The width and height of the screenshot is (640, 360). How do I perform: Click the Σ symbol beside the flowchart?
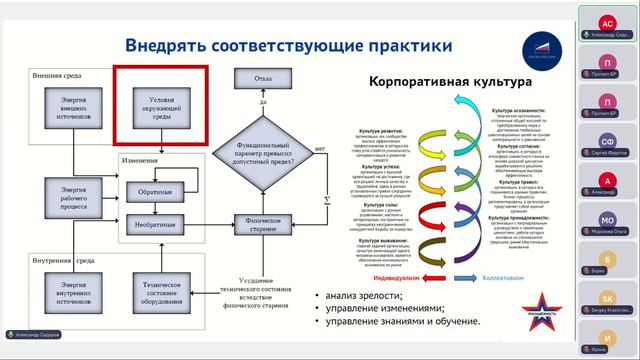click(326, 199)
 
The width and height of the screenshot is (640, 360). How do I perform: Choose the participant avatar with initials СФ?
click(606, 142)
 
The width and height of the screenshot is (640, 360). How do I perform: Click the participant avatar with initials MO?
click(606, 220)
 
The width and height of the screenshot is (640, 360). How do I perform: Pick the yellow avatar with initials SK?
click(606, 298)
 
